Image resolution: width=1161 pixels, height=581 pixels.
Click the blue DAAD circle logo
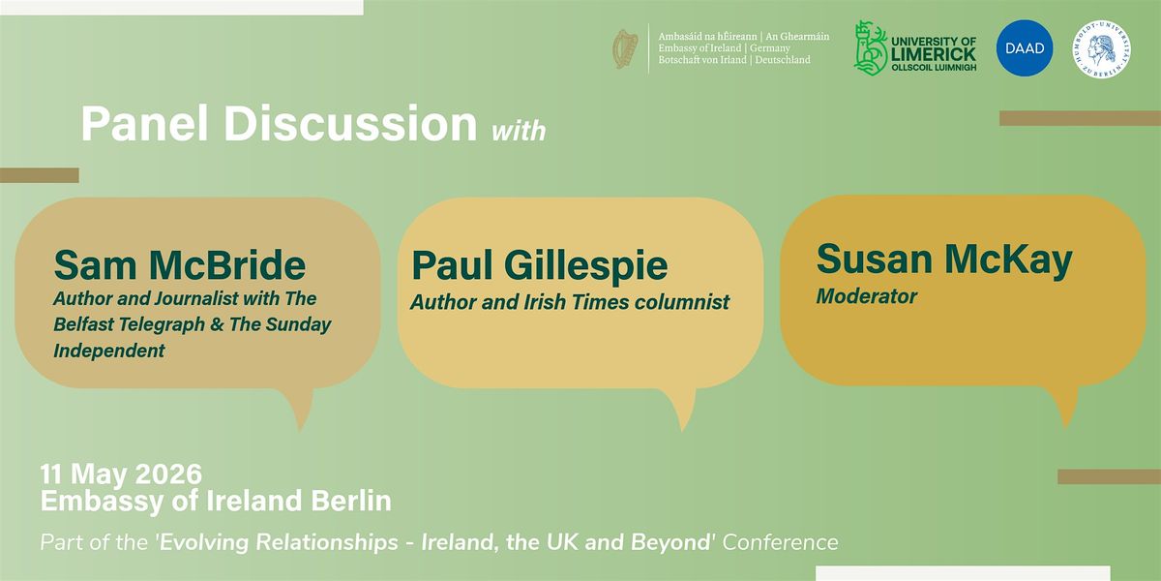[1025, 48]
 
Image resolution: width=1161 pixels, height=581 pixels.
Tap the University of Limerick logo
[915, 48]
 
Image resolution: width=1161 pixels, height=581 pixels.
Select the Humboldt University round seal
[1101, 49]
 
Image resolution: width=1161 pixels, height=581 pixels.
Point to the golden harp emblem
[626, 49]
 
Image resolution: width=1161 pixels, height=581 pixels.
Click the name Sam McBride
[180, 265]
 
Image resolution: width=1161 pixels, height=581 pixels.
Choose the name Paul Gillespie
[540, 265]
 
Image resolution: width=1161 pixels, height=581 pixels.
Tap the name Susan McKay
[944, 260]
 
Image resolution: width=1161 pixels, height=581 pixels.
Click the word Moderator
[867, 296]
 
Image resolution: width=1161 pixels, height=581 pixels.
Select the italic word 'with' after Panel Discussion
[519, 131]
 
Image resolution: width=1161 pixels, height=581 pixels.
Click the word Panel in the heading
[144, 124]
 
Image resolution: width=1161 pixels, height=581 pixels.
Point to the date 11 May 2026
[121, 474]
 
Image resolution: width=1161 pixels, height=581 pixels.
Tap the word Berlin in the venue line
[351, 501]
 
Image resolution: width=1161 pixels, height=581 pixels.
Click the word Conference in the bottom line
[780, 542]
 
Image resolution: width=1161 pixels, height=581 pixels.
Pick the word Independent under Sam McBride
[109, 351]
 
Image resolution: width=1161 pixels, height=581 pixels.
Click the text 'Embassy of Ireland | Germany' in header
[724, 48]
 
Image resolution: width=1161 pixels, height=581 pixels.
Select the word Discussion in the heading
[350, 124]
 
